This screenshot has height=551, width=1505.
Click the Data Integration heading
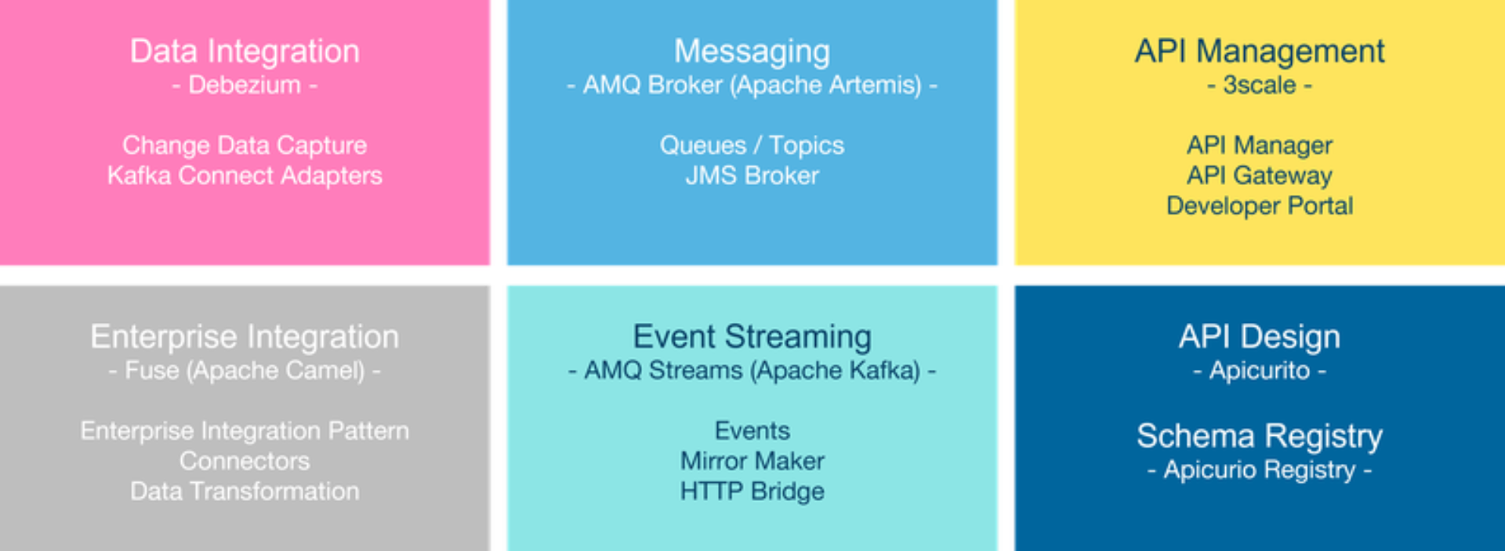[245, 52]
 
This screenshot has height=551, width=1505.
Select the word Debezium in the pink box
[245, 85]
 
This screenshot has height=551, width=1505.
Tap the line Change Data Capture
[245, 145]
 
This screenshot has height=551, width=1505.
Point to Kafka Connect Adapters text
[245, 176]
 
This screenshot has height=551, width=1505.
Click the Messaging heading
[752, 53]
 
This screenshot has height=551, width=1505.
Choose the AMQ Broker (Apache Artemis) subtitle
[752, 85]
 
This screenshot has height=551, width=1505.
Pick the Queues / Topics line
[752, 145]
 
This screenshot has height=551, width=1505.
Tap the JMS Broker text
[752, 176]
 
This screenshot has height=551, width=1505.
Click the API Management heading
[1260, 52]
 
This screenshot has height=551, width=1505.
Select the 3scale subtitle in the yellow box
[1260, 85]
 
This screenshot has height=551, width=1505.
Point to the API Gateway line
[1260, 176]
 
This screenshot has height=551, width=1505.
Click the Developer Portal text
[1260, 205]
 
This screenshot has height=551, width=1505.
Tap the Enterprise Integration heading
[245, 337]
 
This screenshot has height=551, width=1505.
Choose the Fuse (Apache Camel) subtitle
[245, 370]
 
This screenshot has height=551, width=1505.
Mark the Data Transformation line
[245, 491]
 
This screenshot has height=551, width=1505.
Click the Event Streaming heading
[752, 337]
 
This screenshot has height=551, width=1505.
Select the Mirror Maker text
[752, 461]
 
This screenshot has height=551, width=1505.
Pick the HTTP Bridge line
[752, 491]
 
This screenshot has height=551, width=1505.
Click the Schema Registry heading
[1260, 437]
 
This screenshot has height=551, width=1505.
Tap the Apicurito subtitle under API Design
[1260, 370]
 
